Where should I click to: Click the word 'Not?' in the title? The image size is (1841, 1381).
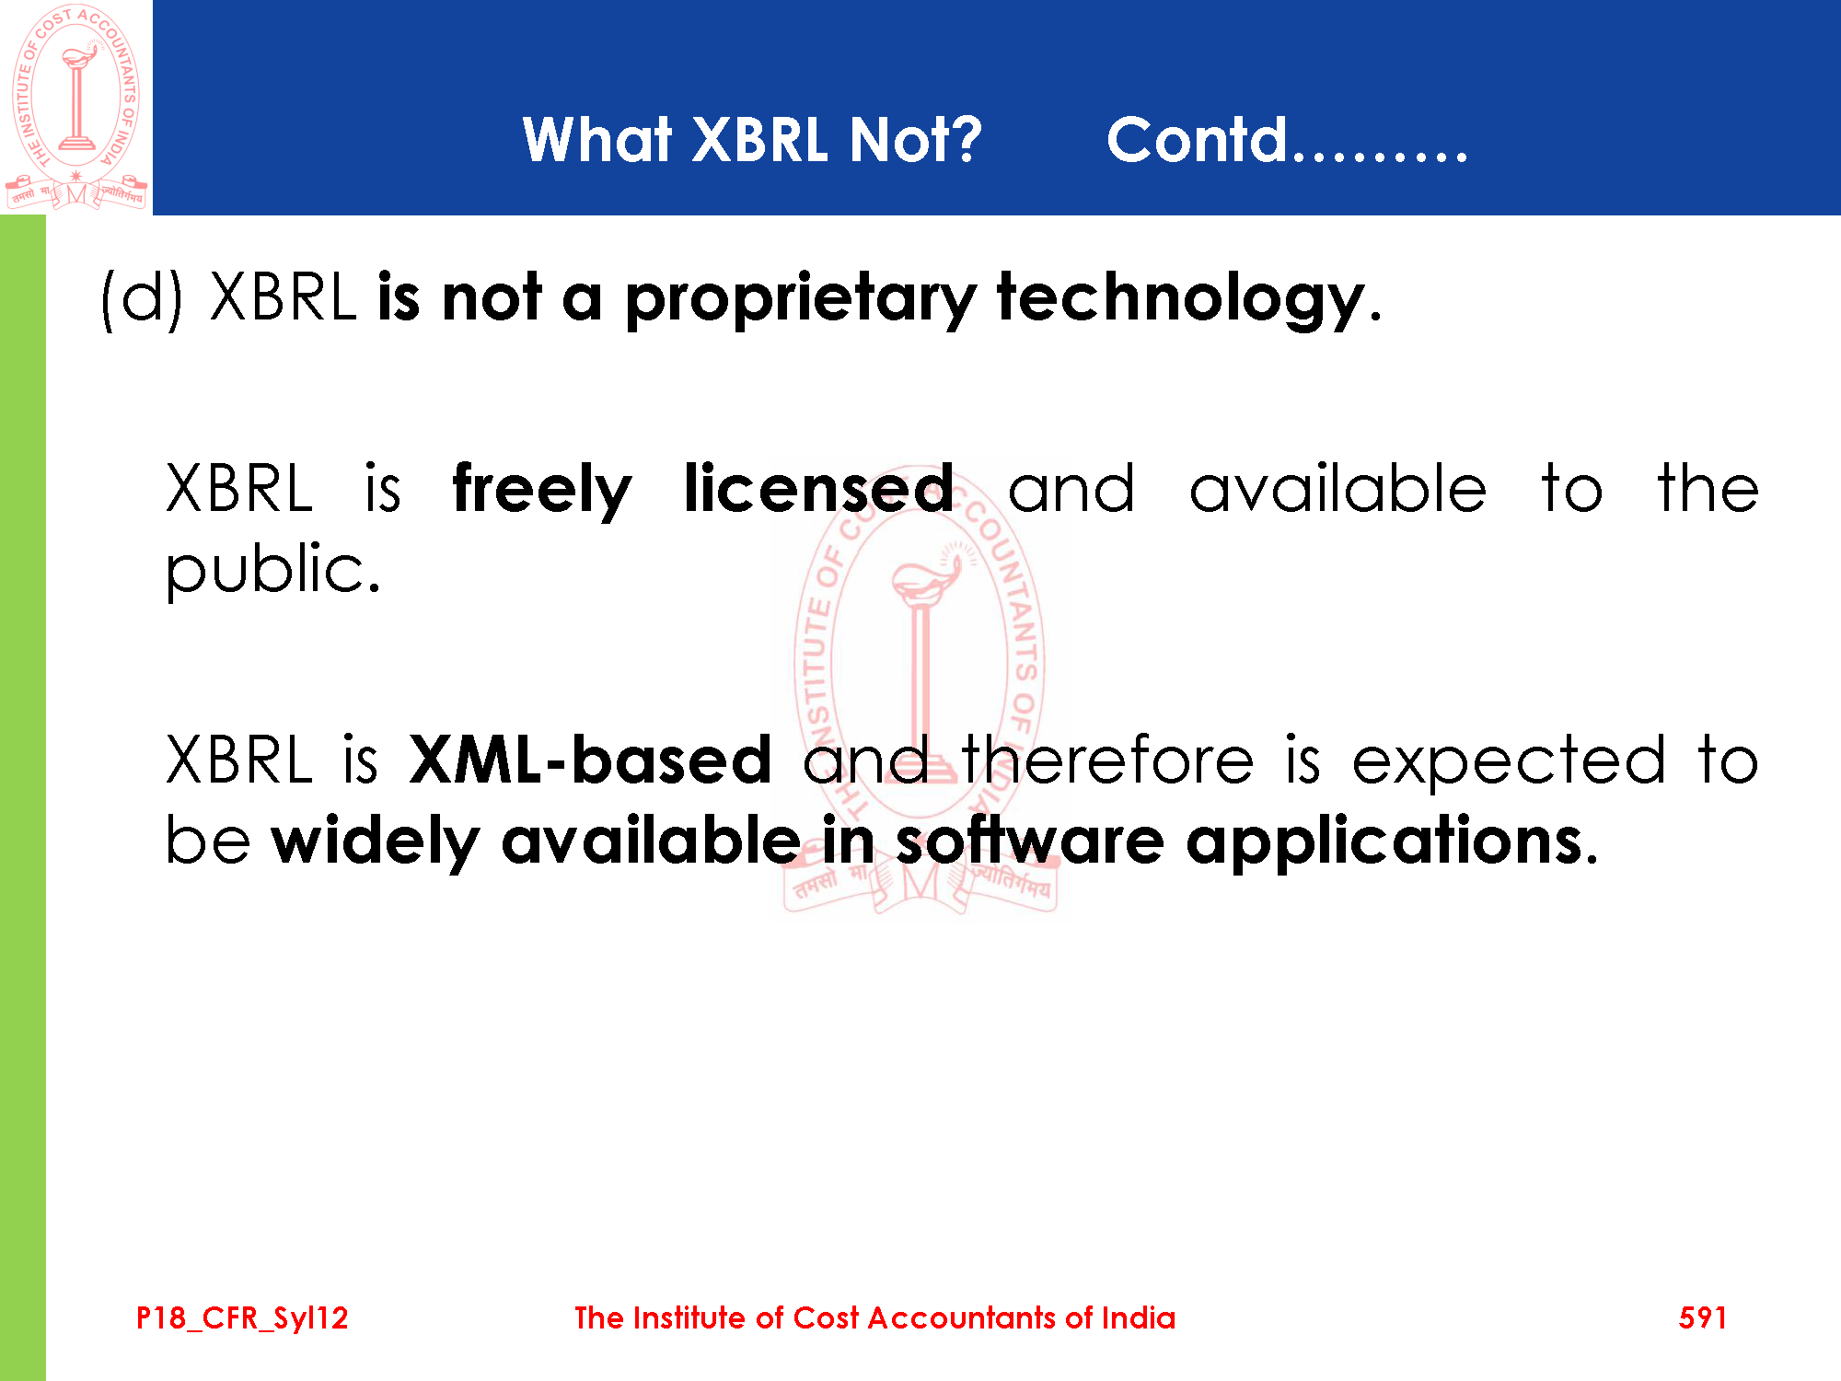916,140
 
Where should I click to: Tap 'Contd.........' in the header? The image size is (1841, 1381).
1287,140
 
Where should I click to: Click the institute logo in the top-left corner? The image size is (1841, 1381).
75,106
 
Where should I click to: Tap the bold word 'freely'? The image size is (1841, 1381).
542,491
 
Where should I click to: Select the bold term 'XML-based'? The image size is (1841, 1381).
590,760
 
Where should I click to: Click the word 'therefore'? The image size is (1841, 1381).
1107,760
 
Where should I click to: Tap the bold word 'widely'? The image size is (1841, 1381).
376,841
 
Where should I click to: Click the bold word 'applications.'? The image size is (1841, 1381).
1392,841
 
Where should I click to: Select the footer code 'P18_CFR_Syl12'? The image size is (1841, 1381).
242,1318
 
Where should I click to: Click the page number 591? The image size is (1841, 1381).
1702,1317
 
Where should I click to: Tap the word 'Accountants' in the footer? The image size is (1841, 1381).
962,1317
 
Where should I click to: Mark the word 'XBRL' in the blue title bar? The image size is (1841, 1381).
759,140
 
